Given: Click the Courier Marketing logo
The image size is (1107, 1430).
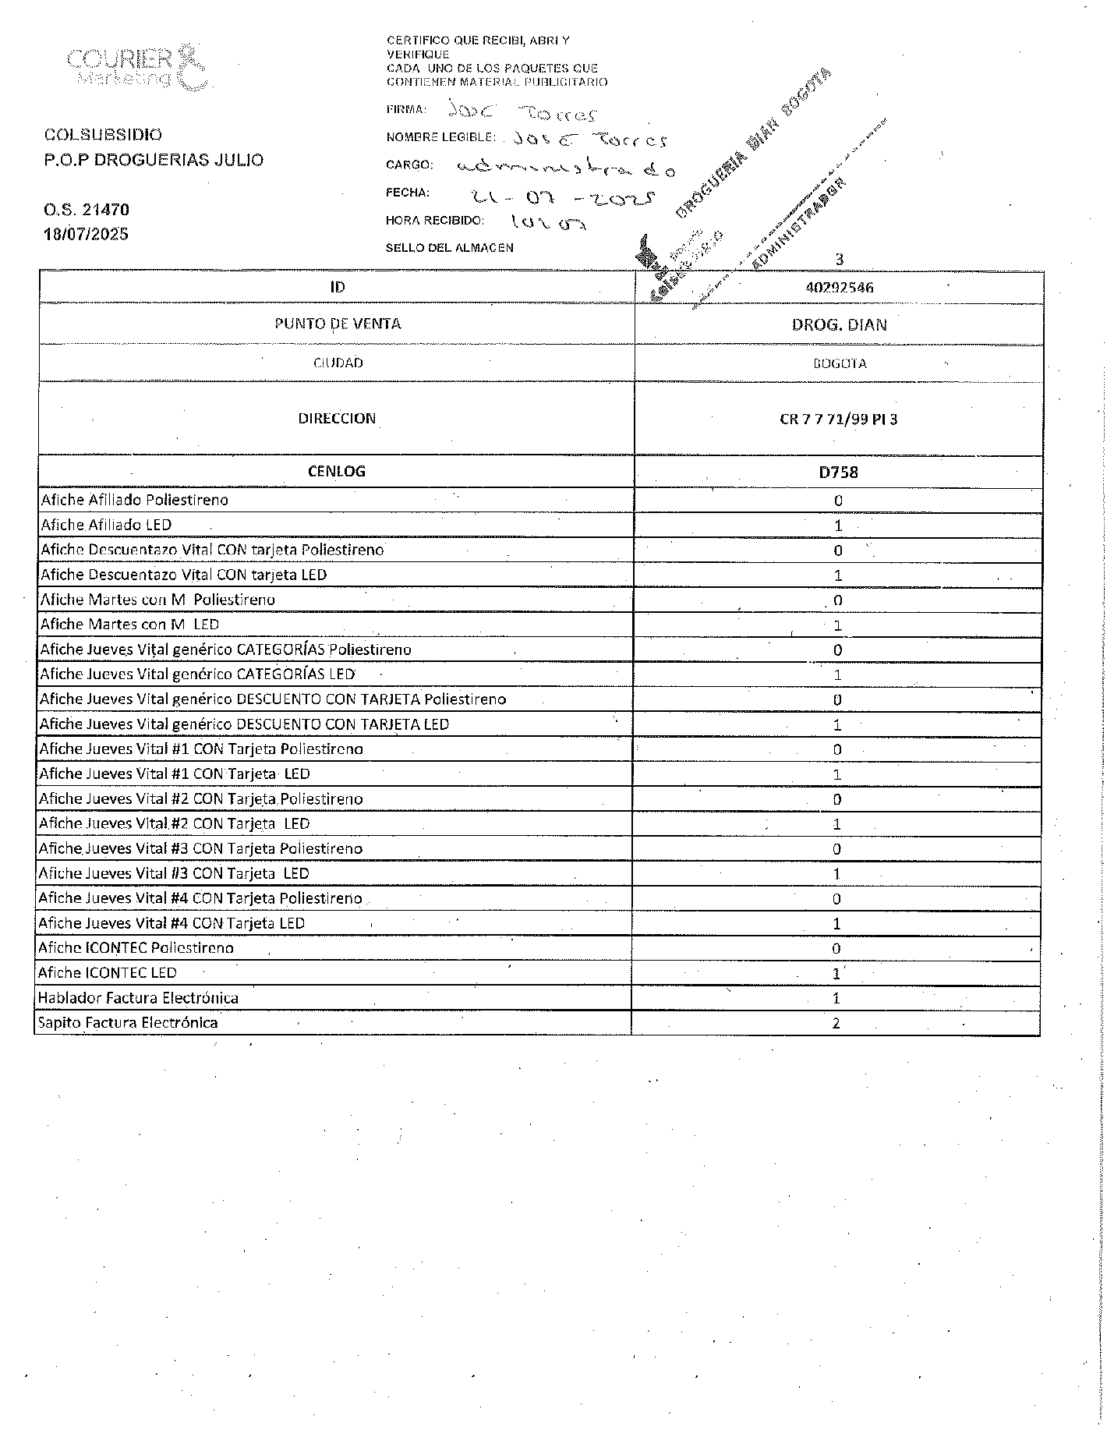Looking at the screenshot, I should (136, 68).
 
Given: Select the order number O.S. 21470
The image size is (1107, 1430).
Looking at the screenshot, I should (87, 210).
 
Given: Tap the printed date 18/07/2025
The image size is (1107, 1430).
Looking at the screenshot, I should (87, 235).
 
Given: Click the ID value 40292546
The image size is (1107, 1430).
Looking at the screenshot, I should (839, 288).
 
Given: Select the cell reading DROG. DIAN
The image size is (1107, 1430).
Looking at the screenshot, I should (839, 325).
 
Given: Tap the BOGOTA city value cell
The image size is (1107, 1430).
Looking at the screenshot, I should (839, 363).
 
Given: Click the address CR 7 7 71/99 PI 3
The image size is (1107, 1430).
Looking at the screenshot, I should (839, 419).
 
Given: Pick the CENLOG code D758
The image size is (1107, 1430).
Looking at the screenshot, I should (839, 473).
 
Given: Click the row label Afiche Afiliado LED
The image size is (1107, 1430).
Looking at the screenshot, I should (106, 525).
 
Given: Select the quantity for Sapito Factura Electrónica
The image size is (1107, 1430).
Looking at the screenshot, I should (836, 1024).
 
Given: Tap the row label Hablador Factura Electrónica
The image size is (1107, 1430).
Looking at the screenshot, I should (138, 998).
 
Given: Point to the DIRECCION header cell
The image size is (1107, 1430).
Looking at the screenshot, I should (337, 419).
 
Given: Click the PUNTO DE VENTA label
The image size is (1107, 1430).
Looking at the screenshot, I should (338, 324).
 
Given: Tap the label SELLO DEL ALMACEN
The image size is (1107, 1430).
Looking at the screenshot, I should (450, 248).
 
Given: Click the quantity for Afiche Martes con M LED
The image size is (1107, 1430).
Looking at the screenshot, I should (838, 625).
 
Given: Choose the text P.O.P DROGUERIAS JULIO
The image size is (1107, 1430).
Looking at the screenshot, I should (154, 160).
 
